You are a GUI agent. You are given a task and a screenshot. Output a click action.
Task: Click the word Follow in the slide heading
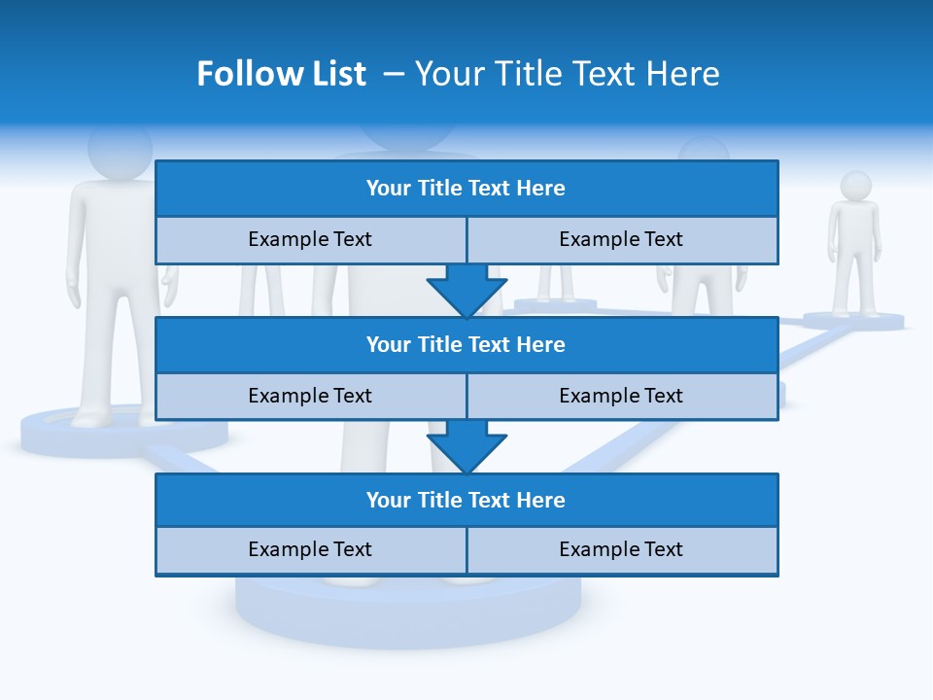point(233,74)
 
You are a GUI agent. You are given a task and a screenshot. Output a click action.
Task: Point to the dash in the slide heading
point(395,74)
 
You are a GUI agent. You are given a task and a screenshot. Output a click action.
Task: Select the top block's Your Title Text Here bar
point(466,189)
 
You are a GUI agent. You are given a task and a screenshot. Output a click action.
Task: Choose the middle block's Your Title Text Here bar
point(466,344)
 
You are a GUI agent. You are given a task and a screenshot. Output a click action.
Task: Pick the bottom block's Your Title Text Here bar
point(466,500)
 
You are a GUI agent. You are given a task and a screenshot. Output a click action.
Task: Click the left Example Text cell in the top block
point(310,239)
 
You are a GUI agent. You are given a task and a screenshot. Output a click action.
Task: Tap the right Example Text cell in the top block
point(621,239)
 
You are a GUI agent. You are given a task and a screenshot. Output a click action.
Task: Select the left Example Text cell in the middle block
point(310,396)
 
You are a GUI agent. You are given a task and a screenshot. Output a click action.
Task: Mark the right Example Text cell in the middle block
point(621,396)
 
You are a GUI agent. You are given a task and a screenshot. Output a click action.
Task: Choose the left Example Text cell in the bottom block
point(310,549)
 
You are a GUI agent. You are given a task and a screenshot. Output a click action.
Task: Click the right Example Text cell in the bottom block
point(621,549)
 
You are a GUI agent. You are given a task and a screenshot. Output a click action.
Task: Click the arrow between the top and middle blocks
point(466,291)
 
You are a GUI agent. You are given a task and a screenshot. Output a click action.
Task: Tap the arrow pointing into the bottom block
point(466,446)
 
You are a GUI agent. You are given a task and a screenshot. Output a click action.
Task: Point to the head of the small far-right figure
point(855,186)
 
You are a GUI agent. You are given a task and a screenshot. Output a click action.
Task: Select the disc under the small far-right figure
point(853,321)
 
